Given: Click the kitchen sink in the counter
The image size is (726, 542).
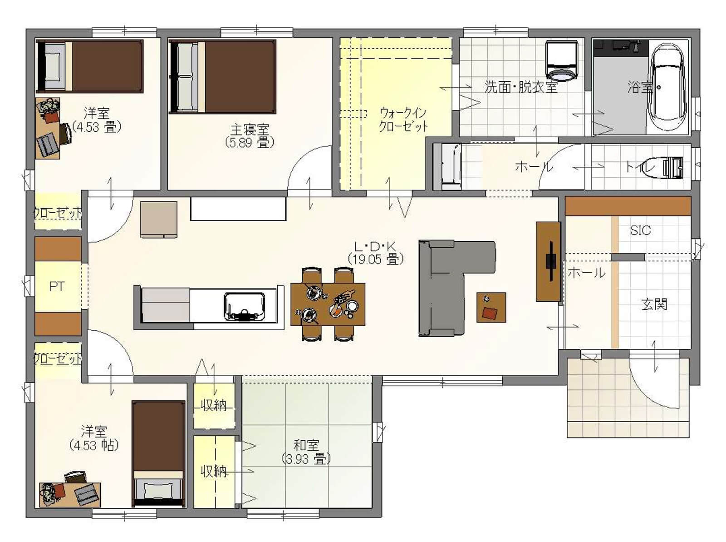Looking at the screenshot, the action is tap(245, 306).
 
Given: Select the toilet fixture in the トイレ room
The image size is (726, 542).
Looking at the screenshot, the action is tap(672, 167).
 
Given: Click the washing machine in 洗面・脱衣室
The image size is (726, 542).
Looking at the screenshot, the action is tap(561, 61).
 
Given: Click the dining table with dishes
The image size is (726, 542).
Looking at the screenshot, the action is tap(328, 304).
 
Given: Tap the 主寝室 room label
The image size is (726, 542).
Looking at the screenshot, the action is tap(250, 129).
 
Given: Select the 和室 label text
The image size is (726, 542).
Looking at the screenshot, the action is tap(306, 445).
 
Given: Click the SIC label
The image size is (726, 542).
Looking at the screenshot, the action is tap(640, 230).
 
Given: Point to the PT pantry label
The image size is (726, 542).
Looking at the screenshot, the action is tap(57, 286).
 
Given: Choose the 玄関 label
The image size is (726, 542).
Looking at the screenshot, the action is tap(654, 304).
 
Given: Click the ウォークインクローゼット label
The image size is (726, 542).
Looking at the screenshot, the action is tap(403, 120).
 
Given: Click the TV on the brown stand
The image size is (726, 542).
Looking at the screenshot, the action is tap(551, 262).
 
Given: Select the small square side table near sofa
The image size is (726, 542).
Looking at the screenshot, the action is tap(491, 307).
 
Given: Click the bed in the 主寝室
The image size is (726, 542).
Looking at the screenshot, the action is tap(222, 77).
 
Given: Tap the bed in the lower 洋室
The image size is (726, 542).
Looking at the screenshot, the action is tap(158, 453).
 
